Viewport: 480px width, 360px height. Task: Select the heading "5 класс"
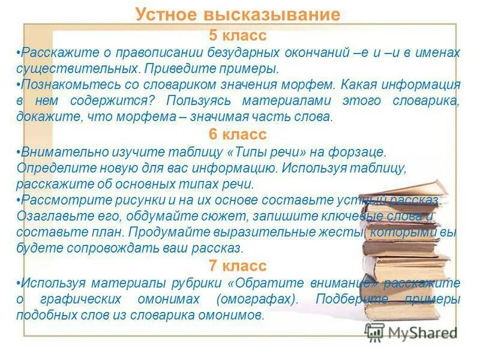click(x=238, y=36)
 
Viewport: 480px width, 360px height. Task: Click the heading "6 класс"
click(x=238, y=134)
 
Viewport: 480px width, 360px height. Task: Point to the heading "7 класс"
click(x=238, y=265)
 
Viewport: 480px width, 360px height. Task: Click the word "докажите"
click(x=43, y=117)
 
